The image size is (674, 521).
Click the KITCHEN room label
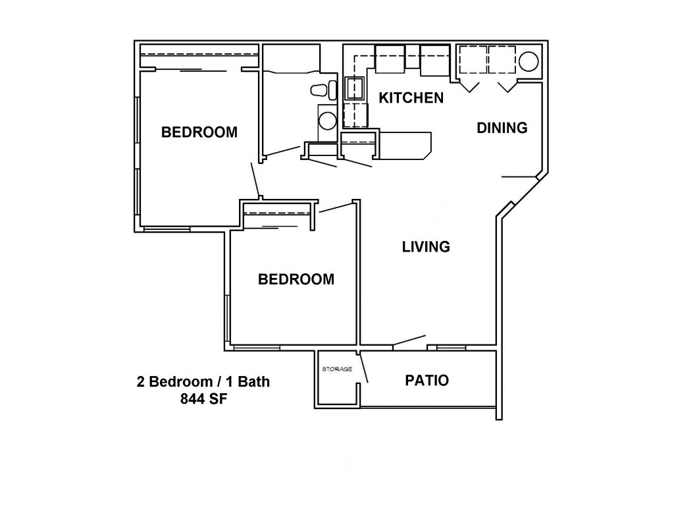(x=411, y=98)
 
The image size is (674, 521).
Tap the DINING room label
(x=502, y=128)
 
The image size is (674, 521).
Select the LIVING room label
(x=426, y=247)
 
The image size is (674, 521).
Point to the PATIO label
(x=427, y=380)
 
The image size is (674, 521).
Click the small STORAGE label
(x=337, y=369)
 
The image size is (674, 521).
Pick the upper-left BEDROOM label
(x=199, y=132)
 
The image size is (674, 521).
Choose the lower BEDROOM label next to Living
(x=296, y=280)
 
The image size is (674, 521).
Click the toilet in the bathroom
(x=324, y=90)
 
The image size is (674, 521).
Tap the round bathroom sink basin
(x=328, y=121)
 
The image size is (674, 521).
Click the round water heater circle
(x=529, y=62)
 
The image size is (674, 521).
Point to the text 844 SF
(x=204, y=399)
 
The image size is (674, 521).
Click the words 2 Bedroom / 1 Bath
(x=203, y=381)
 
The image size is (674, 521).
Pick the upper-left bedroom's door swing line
(x=255, y=180)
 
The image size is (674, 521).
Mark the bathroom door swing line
(x=283, y=151)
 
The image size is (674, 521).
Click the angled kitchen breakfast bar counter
(x=405, y=146)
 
